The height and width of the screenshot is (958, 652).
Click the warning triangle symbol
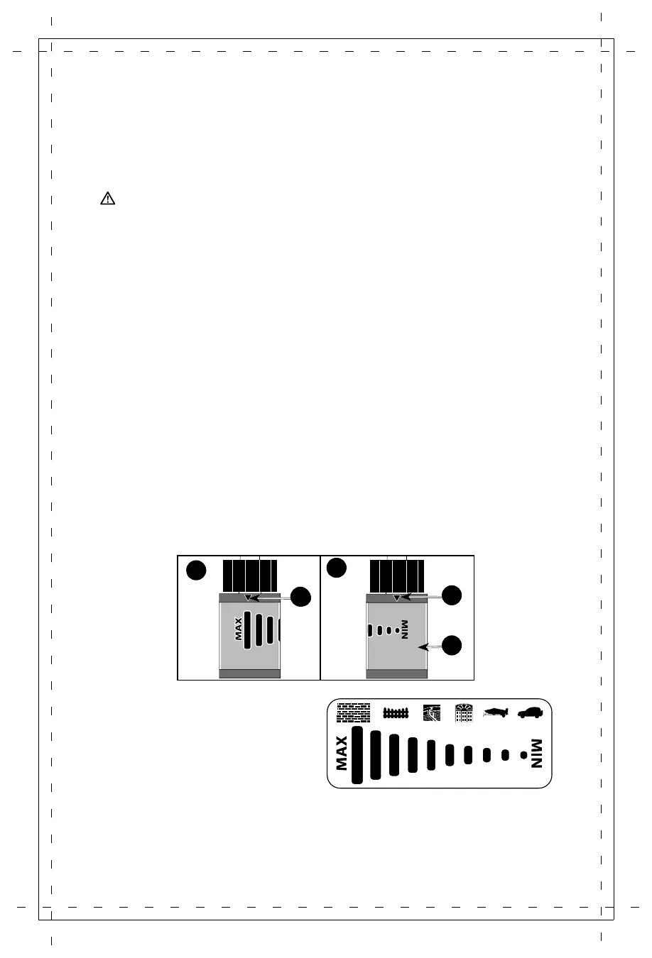[107, 199]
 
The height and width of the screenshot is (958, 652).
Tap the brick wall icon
[354, 712]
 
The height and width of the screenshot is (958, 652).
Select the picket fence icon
[396, 712]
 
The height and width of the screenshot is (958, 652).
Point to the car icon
[531, 712]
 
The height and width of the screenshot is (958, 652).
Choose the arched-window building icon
[464, 712]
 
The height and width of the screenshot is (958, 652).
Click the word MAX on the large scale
[342, 753]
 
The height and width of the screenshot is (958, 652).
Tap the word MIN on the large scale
[536, 754]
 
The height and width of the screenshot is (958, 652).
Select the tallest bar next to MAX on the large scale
[357, 754]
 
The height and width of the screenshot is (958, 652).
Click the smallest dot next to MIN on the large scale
[523, 754]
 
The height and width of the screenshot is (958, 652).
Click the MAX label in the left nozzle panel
[239, 629]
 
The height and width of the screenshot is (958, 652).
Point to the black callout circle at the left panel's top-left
[197, 570]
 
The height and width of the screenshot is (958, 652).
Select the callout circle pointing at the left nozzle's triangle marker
[301, 598]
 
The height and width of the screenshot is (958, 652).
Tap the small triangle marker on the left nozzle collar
[247, 598]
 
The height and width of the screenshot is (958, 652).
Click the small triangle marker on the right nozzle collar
[397, 598]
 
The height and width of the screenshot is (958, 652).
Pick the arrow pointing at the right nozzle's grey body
[430, 646]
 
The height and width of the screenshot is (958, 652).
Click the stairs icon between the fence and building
[432, 712]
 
